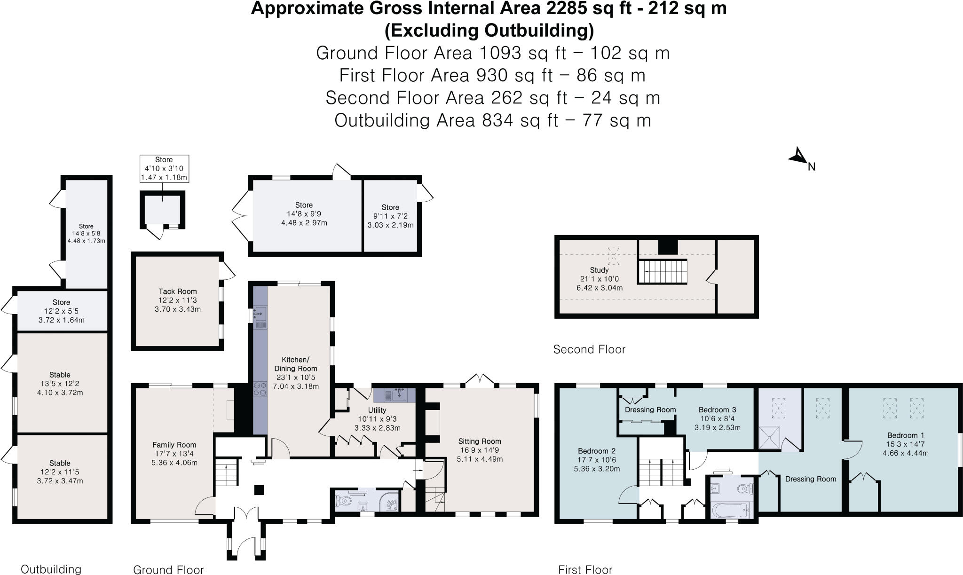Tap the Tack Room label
pos(177,291)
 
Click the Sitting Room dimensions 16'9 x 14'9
pos(480,450)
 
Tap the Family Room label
pos(174,445)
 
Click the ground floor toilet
pos(344,501)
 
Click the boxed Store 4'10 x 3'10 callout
pos(164,169)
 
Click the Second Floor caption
pos(589,350)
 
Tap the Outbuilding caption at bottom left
pos(51,569)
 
